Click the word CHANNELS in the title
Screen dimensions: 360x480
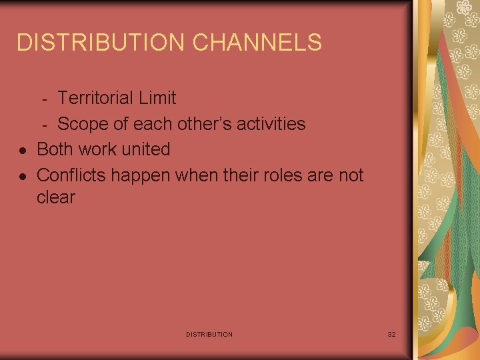click(257, 43)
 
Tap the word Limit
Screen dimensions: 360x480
click(157, 98)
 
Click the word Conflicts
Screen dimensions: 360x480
click(71, 175)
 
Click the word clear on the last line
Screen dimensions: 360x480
click(56, 198)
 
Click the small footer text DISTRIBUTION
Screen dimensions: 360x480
click(209, 334)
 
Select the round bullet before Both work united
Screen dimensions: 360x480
click(23, 151)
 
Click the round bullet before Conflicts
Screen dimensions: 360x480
click(23, 177)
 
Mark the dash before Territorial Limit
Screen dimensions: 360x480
click(45, 99)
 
